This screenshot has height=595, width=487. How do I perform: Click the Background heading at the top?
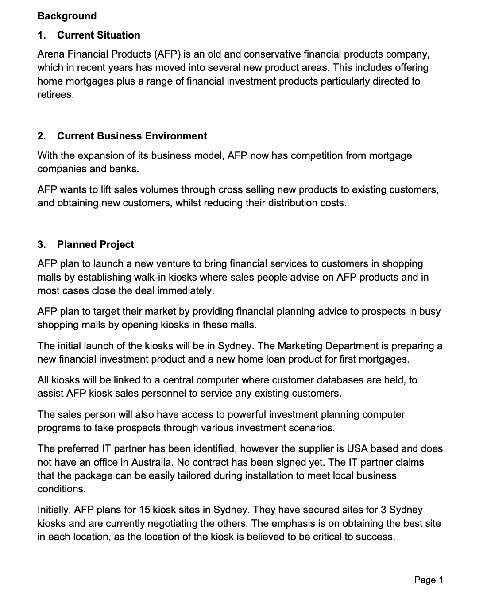[x=67, y=16]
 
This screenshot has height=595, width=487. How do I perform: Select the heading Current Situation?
[x=98, y=35]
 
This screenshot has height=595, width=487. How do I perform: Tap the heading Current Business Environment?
[x=131, y=136]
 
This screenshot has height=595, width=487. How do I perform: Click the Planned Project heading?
[x=95, y=244]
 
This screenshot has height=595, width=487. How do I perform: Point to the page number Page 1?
[x=428, y=580]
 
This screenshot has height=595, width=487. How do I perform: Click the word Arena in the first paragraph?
[x=50, y=54]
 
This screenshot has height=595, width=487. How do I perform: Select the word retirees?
[x=55, y=94]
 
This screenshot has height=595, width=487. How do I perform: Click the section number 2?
[x=42, y=136]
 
